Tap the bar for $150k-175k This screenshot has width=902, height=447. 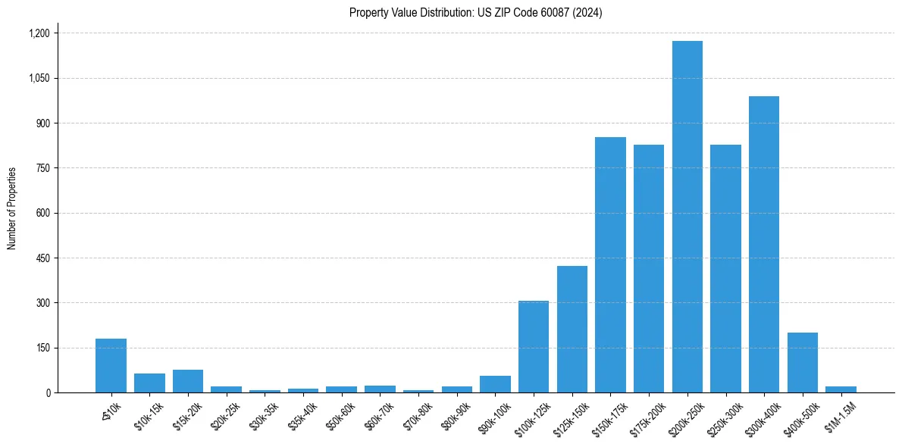tap(610, 264)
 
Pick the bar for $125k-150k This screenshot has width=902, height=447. tap(572, 329)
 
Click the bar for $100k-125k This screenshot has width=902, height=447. tap(534, 346)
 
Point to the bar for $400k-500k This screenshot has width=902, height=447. tap(802, 362)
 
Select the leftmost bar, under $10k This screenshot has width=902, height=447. tap(111, 365)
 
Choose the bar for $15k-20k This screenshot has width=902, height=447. tap(188, 381)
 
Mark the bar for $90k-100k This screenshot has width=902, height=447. tap(495, 384)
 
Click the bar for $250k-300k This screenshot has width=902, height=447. tap(725, 268)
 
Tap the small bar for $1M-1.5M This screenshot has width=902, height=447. tap(841, 389)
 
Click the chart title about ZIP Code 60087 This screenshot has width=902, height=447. tap(475, 13)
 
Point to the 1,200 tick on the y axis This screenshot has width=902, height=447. tap(39, 33)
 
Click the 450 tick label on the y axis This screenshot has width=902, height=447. tap(42, 258)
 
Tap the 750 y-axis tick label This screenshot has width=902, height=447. tap(42, 168)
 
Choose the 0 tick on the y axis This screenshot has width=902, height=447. tap(48, 392)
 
